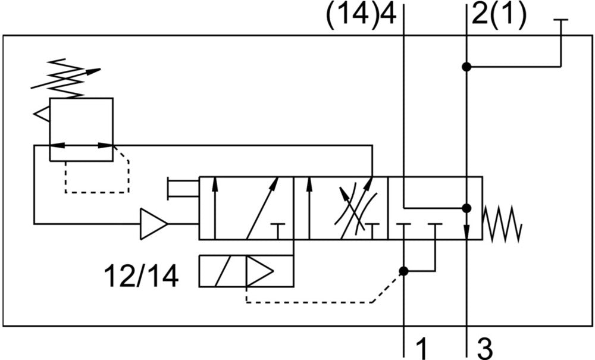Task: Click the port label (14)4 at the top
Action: (361, 14)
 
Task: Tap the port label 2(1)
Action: (499, 14)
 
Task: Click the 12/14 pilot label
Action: (141, 276)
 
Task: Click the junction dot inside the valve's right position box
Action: (466, 208)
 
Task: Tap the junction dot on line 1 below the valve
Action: (404, 271)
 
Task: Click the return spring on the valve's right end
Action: (503, 225)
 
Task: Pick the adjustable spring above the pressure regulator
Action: (64, 79)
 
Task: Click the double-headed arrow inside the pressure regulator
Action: (81, 145)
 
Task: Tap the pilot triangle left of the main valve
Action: (154, 224)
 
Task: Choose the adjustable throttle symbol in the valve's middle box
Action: (355, 206)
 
